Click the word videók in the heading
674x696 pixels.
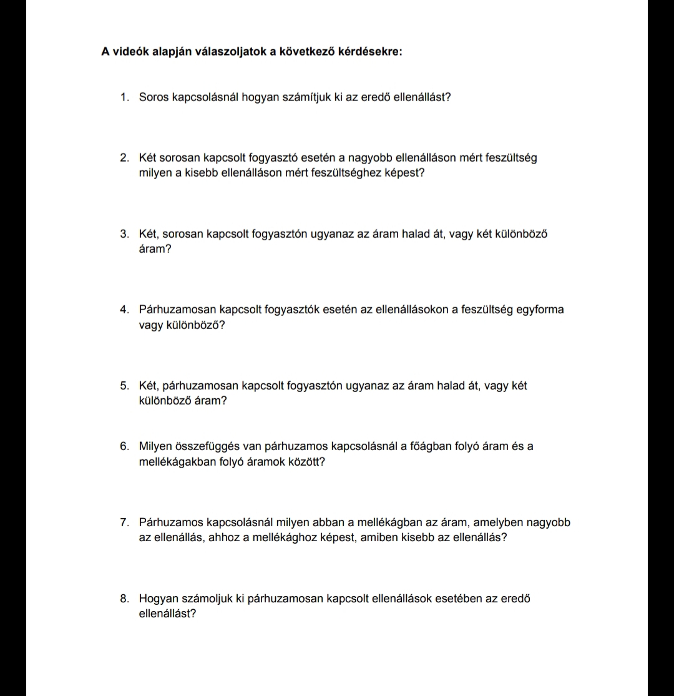click(130, 51)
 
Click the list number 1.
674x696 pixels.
click(125, 97)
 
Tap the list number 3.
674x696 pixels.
click(125, 234)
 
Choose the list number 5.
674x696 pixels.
click(125, 386)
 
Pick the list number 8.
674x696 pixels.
click(125, 599)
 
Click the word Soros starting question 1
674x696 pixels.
click(154, 97)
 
